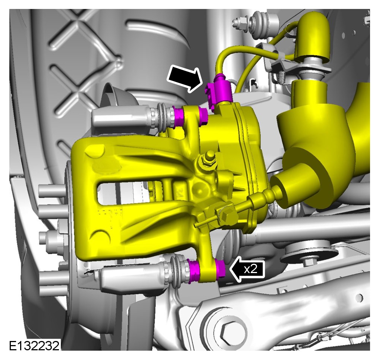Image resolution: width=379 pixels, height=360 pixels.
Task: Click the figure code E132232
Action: click(x=34, y=345)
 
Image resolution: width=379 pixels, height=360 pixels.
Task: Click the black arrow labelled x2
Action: click(x=247, y=269)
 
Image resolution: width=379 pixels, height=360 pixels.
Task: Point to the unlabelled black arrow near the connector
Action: click(x=185, y=79)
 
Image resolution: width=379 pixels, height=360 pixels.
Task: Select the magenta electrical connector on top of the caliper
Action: click(x=218, y=91)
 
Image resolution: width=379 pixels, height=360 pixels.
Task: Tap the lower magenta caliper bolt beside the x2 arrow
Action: click(x=220, y=269)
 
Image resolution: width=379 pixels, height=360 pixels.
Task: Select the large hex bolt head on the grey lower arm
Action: click(x=231, y=334)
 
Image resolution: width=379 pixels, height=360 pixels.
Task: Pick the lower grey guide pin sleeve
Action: click(x=133, y=278)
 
